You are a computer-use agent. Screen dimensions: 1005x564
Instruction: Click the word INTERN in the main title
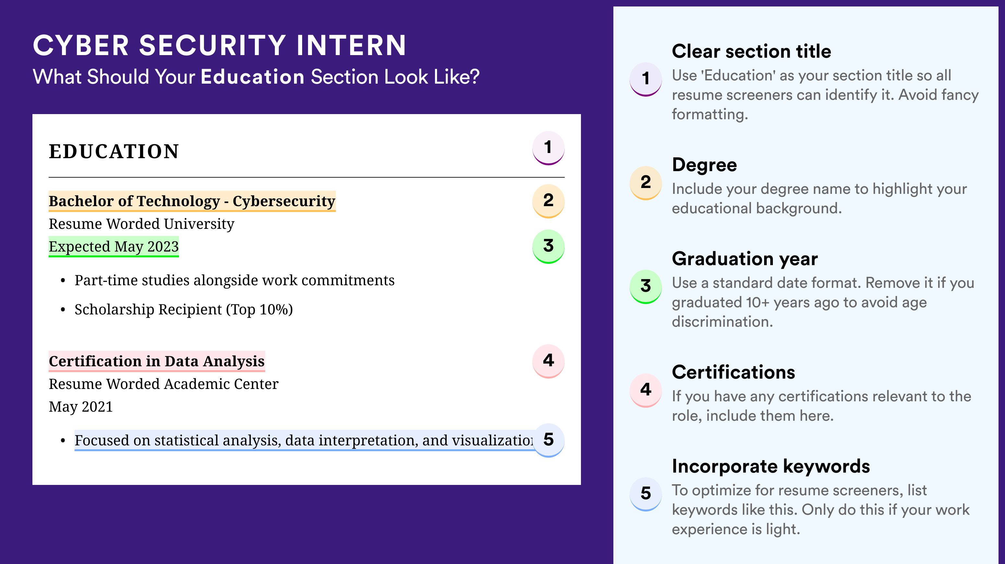(351, 45)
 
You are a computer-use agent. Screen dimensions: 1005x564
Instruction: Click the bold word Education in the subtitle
(253, 76)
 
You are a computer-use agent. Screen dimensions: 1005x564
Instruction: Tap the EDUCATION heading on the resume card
(113, 151)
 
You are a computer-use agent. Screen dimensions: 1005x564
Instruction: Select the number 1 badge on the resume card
(548, 148)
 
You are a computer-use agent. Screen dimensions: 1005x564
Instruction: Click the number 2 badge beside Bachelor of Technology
(548, 201)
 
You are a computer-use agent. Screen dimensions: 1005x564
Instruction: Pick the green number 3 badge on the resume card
(548, 246)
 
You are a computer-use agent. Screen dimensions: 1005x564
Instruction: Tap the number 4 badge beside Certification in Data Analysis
(548, 361)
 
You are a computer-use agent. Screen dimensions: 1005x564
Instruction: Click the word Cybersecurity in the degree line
(284, 201)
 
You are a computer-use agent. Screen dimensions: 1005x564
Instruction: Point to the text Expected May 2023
(113, 246)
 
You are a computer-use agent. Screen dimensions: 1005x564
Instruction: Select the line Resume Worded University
(141, 224)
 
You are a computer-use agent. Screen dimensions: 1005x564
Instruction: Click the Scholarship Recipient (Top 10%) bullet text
(183, 309)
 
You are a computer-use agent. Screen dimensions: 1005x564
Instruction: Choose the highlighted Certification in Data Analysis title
(157, 361)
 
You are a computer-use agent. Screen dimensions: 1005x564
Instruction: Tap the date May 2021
(80, 407)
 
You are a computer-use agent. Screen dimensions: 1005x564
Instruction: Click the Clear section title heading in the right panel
(751, 51)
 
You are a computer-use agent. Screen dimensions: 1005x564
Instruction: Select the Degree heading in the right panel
(704, 165)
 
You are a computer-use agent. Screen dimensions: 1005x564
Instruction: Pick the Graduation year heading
(745, 259)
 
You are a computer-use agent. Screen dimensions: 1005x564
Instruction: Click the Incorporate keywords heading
(771, 466)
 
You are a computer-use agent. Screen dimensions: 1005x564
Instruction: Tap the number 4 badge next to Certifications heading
(646, 390)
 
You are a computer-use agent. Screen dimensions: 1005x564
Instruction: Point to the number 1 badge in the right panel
(646, 79)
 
